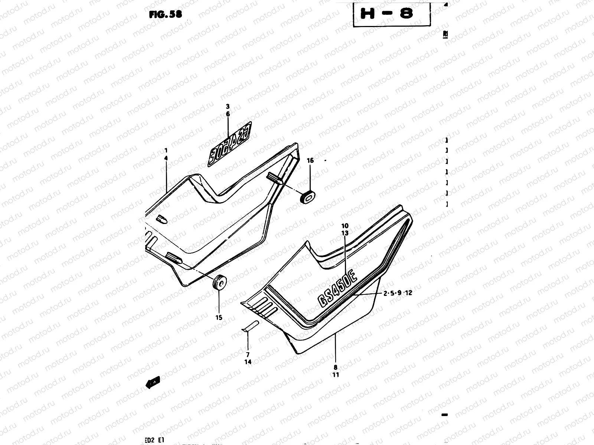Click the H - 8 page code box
[391, 14]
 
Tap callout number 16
[310, 161]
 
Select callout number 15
[219, 317]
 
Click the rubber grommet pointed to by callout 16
[307, 197]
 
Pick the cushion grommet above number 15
[219, 284]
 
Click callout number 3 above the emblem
[228, 106]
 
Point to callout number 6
[228, 115]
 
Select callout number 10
[345, 225]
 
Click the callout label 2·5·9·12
[398, 293]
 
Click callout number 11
[335, 375]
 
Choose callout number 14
[248, 362]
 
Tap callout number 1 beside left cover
[166, 151]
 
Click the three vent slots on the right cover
[264, 306]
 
